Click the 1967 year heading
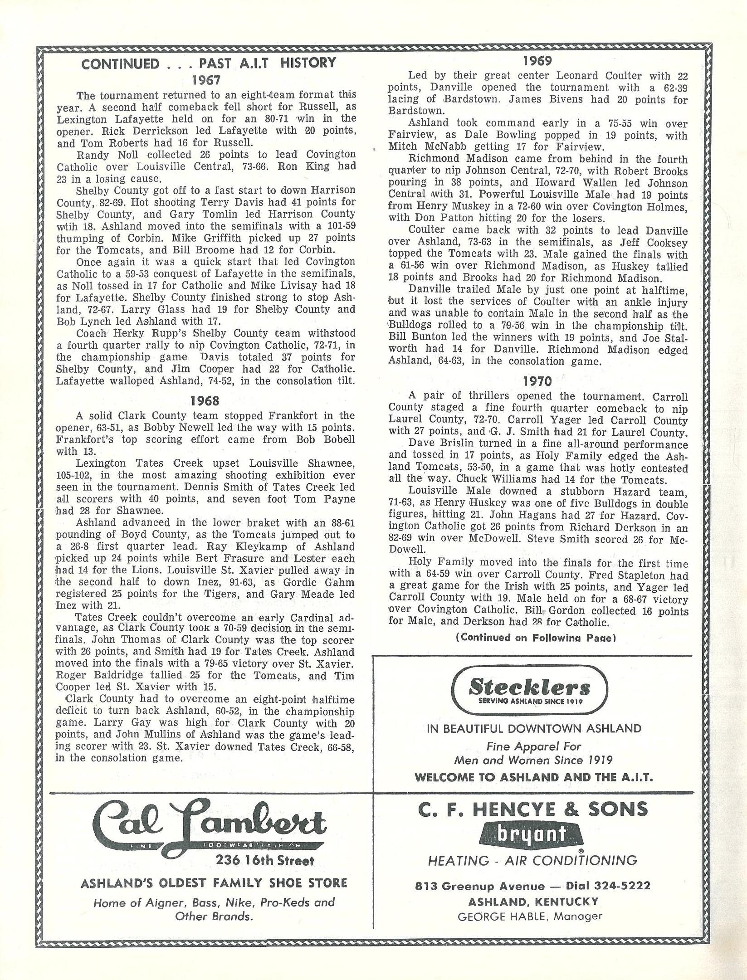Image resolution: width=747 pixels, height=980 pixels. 205,80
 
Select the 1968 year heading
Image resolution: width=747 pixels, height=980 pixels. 205,400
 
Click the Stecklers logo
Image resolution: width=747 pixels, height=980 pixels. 529,692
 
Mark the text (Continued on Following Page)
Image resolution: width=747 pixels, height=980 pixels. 536,638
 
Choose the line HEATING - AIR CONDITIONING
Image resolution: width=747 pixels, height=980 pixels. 532,860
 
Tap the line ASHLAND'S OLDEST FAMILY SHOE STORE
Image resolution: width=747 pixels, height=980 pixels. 214,883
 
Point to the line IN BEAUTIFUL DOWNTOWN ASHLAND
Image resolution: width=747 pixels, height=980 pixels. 534,729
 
